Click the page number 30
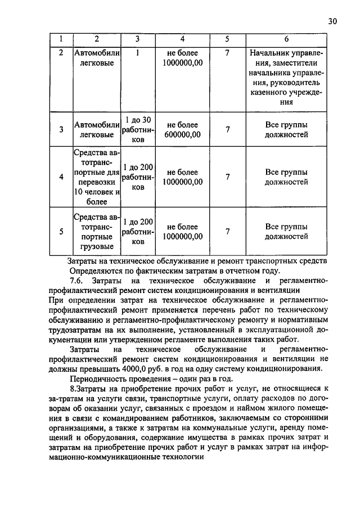pyautogui.click(x=331, y=21)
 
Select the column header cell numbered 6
pyautogui.click(x=286, y=39)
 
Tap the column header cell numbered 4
pyautogui.click(x=182, y=39)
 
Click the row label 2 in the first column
pyautogui.click(x=61, y=52)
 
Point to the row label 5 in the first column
pyautogui.click(x=61, y=231)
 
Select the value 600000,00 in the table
pyautogui.click(x=182, y=135)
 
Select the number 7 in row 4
pyautogui.click(x=227, y=177)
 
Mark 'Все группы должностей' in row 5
pyautogui.click(x=286, y=231)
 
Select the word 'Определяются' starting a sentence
pyautogui.click(x=94, y=270)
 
